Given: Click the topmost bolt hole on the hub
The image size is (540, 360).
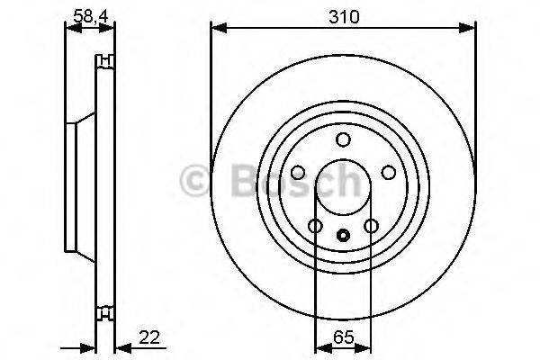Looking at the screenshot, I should point(343,139).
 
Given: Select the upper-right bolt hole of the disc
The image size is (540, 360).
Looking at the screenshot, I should point(389,173).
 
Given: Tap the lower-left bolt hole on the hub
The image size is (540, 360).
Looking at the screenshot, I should point(315,226).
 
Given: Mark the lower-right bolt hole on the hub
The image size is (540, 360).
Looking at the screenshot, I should point(371,226).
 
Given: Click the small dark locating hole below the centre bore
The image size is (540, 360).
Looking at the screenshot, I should point(343,237).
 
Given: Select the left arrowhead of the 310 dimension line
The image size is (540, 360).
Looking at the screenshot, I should point(216,30).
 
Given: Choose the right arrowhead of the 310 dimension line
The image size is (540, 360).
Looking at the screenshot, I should point(470,30).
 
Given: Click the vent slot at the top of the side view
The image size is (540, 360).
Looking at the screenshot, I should point(106,60).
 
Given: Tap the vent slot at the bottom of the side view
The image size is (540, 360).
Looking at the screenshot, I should point(106,314).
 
